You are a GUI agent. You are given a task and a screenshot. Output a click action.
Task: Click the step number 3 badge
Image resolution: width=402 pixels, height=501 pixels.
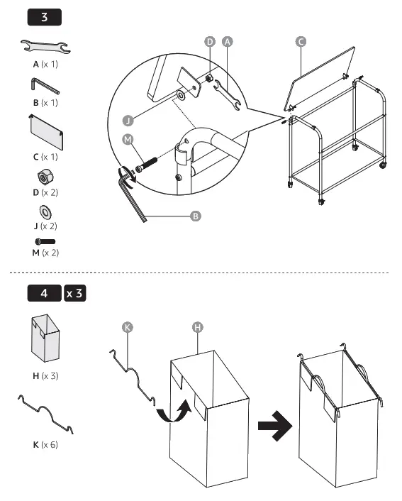[x=44, y=18]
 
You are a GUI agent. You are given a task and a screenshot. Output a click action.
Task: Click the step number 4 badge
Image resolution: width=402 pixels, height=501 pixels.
[x=44, y=292]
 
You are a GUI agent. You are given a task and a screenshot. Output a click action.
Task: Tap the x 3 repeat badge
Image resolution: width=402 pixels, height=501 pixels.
[x=75, y=292]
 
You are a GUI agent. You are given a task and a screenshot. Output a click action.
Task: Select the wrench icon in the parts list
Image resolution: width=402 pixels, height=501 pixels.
[x=45, y=48]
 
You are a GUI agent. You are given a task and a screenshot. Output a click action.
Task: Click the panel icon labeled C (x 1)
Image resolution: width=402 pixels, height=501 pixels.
[x=46, y=133]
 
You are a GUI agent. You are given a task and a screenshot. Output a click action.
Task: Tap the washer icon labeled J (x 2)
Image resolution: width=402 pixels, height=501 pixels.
[x=45, y=211]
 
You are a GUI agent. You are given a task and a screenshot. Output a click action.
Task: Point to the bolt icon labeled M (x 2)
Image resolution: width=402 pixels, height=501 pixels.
[x=45, y=241]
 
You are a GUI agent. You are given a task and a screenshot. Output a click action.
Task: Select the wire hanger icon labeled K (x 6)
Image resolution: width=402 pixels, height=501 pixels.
[x=45, y=414]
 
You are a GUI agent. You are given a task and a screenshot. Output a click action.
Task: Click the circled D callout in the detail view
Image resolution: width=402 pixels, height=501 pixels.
[x=210, y=42]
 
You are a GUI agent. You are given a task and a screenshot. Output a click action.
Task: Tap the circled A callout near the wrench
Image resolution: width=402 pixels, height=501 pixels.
[x=228, y=42]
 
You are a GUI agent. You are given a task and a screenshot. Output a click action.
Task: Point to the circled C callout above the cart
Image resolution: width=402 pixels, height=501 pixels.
[x=301, y=42]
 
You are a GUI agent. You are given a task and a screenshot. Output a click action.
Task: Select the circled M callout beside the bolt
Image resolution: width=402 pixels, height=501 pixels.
[x=128, y=141]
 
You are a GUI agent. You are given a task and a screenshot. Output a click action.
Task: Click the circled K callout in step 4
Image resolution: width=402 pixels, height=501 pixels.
[x=128, y=326]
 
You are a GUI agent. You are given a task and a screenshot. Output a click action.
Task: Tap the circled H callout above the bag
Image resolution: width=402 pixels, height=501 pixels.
[x=198, y=326]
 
